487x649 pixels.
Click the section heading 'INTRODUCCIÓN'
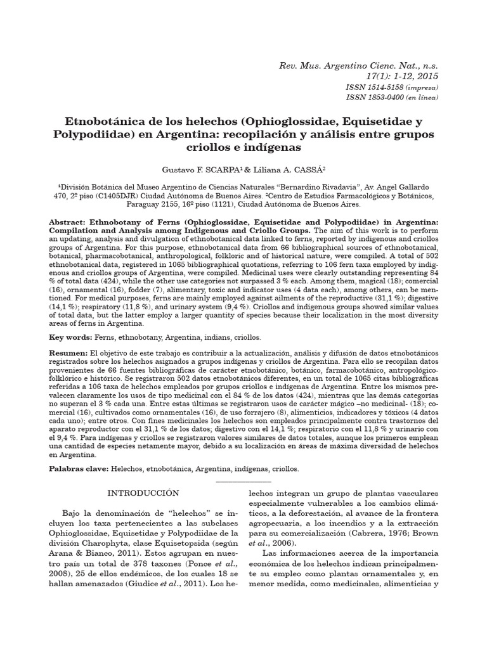143,492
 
